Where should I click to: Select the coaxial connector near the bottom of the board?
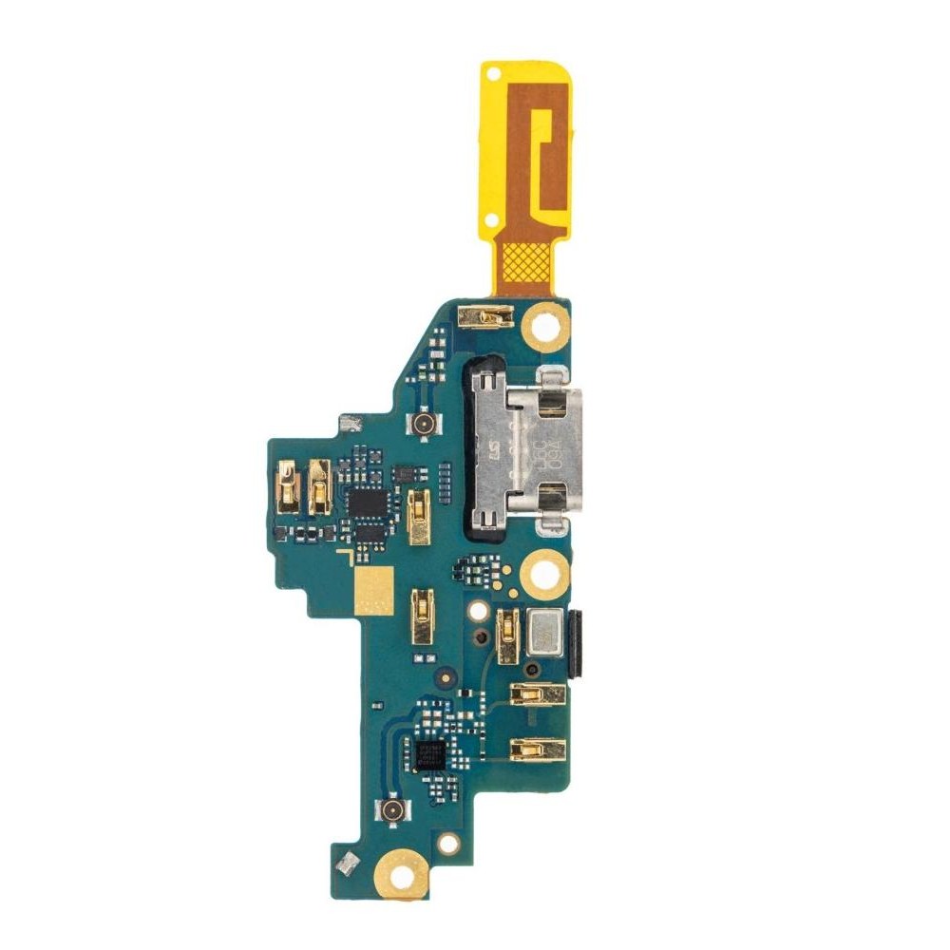tap(390, 810)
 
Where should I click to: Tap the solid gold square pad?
tap(372, 590)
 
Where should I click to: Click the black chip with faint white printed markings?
tap(431, 755)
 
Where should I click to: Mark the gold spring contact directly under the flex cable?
tap(484, 315)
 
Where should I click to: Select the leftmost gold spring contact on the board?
tap(287, 485)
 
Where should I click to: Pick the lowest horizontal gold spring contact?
tap(537, 750)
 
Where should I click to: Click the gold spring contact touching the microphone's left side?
tap(507, 635)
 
